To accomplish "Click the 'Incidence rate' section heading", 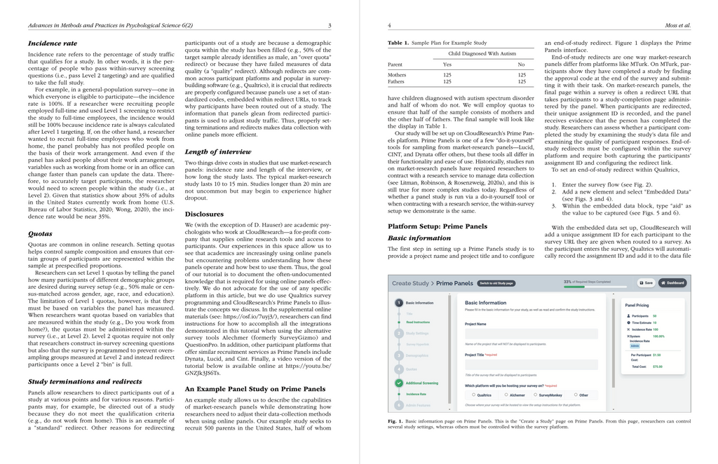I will (x=53, y=43).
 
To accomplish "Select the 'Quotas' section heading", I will (x=40, y=233).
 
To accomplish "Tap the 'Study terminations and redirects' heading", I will (x=85, y=381).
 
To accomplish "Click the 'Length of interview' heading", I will (x=217, y=151).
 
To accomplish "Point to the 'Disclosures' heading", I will (x=204, y=214).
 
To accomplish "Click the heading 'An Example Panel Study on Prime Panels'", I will (x=255, y=388).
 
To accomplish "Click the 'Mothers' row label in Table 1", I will (x=397, y=74).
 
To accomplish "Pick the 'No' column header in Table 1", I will (x=521, y=64).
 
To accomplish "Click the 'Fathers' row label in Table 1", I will (x=396, y=81).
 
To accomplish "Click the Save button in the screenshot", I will (x=646, y=283).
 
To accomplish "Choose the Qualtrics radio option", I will (x=473, y=395).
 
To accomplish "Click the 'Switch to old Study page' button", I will (x=497, y=283).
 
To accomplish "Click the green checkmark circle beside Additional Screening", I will (x=399, y=383).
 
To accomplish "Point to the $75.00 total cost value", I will (x=657, y=366).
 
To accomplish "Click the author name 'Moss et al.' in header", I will (x=677, y=26).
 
